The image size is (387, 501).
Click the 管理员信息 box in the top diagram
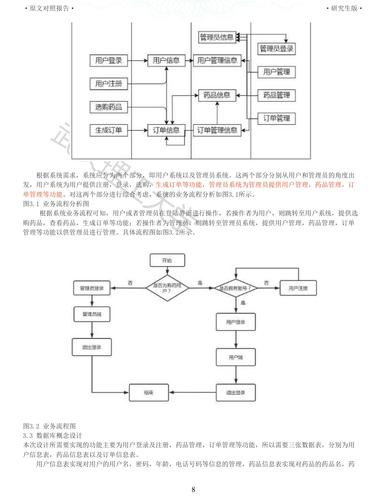[x=216, y=37]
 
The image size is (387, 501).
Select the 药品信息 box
[x=217, y=95]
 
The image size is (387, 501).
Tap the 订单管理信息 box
[x=217, y=130]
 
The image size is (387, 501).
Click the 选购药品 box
[x=108, y=107]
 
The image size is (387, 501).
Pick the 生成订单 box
[x=108, y=130]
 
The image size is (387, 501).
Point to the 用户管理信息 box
[x=217, y=60]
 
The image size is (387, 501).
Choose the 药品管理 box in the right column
[x=276, y=95]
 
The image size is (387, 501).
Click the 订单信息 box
[x=166, y=130]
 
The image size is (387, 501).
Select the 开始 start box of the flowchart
[x=167, y=260]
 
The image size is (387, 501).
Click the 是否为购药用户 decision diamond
[x=167, y=288]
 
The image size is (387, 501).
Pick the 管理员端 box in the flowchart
[x=92, y=314]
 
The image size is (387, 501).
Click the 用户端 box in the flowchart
[x=235, y=357]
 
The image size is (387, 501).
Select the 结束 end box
[x=148, y=393]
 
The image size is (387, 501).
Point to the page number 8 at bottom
[x=193, y=489]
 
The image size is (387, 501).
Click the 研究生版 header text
[x=344, y=8]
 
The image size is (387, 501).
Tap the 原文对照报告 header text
[x=49, y=8]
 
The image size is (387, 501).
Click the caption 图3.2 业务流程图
[x=49, y=426]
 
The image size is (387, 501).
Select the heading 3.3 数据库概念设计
[x=53, y=435]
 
